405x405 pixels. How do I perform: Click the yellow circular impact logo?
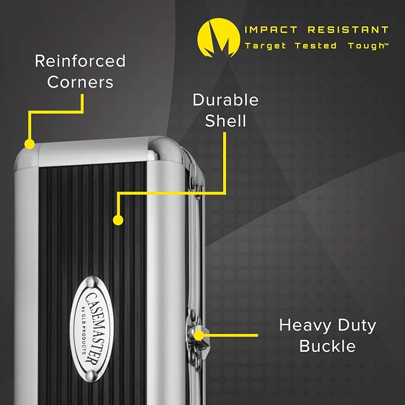(x=218, y=38)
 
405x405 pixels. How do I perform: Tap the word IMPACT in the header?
(x=271, y=30)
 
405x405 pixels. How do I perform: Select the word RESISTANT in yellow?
(x=348, y=30)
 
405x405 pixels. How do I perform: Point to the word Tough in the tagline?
(x=367, y=46)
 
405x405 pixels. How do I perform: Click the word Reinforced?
(x=80, y=61)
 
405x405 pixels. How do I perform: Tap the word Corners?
(x=80, y=82)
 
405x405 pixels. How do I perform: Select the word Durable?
(x=225, y=100)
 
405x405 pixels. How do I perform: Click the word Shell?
(x=225, y=120)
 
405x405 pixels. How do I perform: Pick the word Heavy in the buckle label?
(x=305, y=326)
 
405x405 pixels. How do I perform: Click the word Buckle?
(x=327, y=346)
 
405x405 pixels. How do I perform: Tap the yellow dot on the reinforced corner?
(x=30, y=144)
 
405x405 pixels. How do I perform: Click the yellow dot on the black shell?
(x=118, y=220)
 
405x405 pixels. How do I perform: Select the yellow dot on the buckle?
(x=199, y=335)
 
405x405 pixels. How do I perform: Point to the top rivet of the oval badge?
(x=92, y=282)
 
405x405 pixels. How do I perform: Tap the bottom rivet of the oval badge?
(x=91, y=376)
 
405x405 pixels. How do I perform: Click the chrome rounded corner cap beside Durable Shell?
(x=165, y=149)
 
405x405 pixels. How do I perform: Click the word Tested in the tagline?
(x=316, y=46)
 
